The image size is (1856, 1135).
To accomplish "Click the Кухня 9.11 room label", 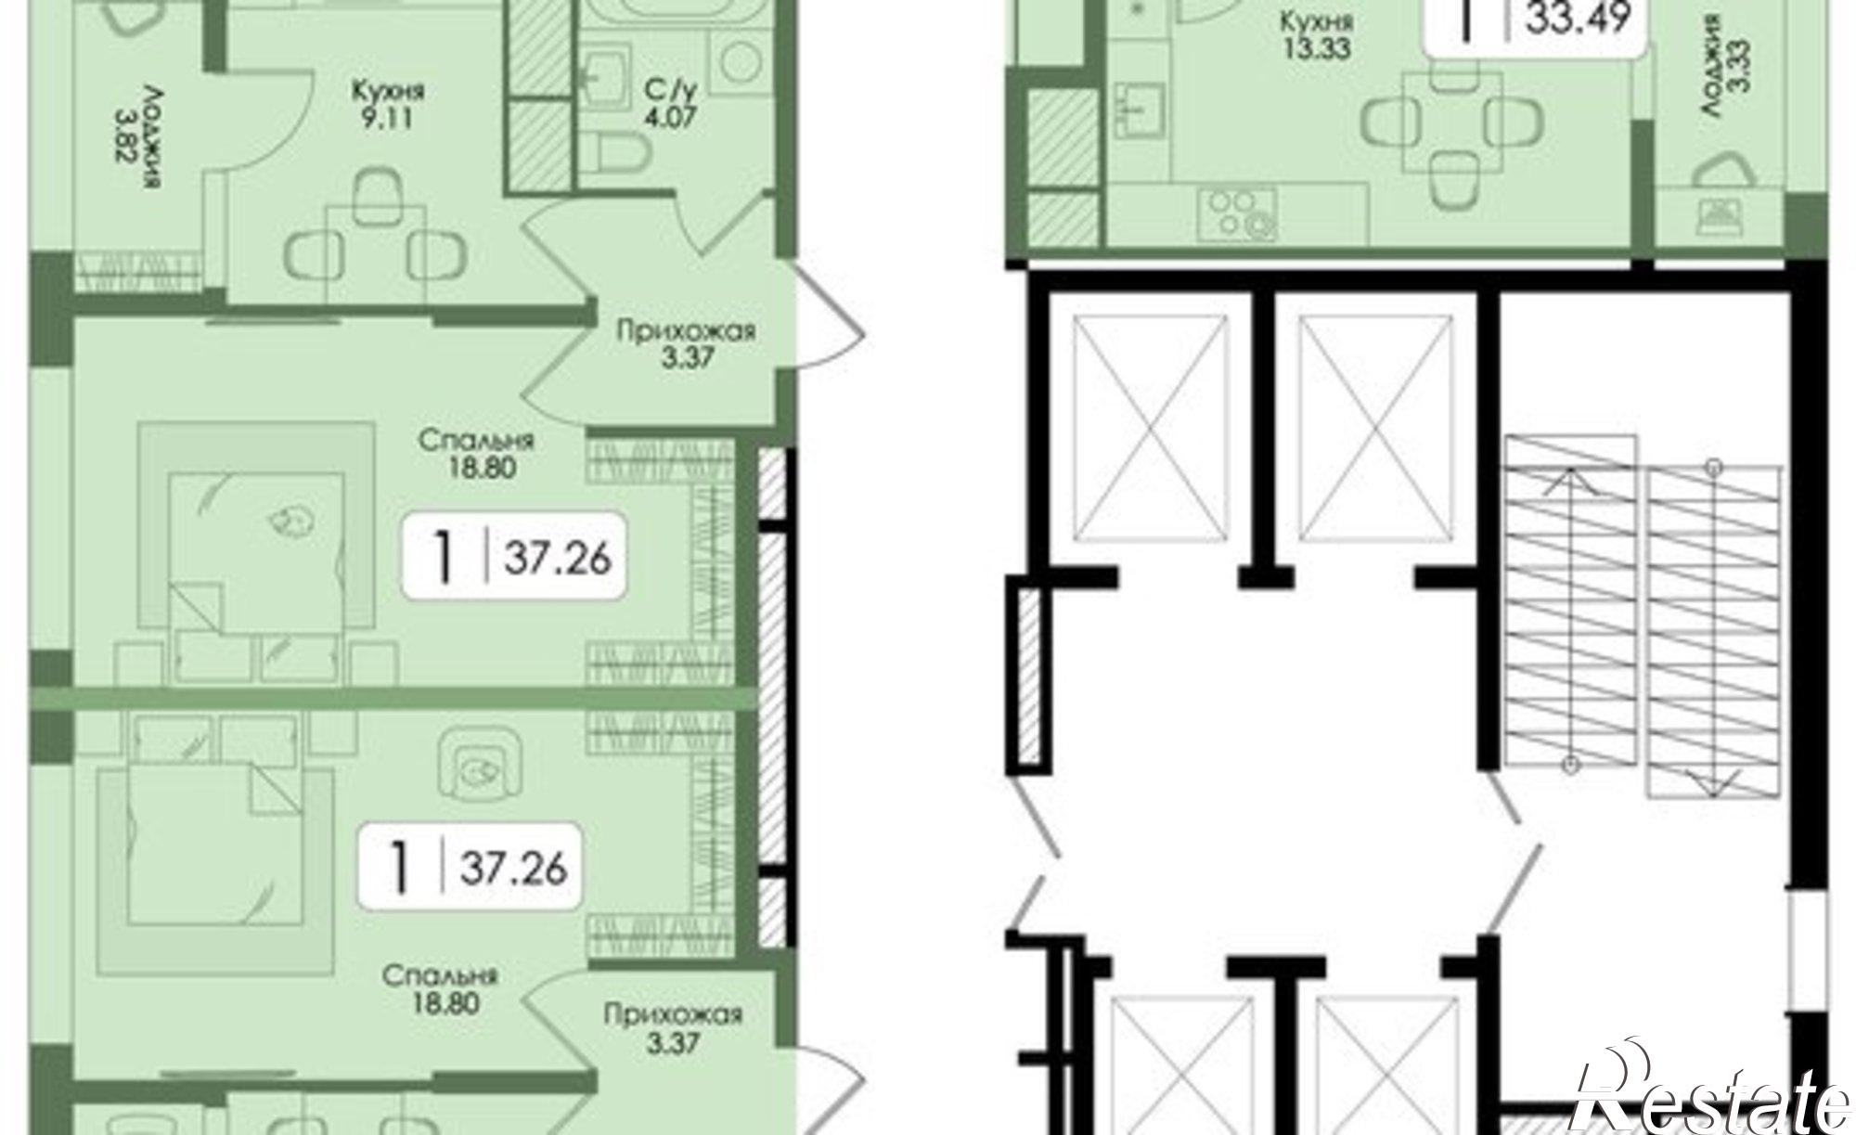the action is pyautogui.click(x=388, y=106).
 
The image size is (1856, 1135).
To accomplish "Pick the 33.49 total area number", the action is pyautogui.click(x=1579, y=19).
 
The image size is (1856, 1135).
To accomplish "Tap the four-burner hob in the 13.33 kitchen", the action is pyautogui.click(x=1237, y=214).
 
